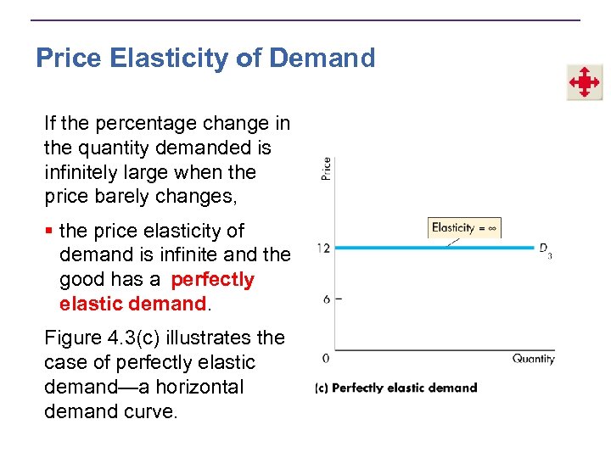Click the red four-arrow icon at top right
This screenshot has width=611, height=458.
pos(584,83)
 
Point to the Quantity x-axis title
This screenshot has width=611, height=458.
pos(533,359)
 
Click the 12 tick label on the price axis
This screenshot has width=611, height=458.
pos(324,248)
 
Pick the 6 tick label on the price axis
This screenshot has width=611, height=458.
pos(327,299)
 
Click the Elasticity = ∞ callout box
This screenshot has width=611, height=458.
pos(465,227)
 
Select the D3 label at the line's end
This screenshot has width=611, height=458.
pos(546,249)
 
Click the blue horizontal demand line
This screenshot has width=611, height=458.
pos(433,248)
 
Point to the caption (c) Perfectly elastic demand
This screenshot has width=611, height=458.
pos(395,388)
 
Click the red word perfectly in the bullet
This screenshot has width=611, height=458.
pos(212,279)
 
